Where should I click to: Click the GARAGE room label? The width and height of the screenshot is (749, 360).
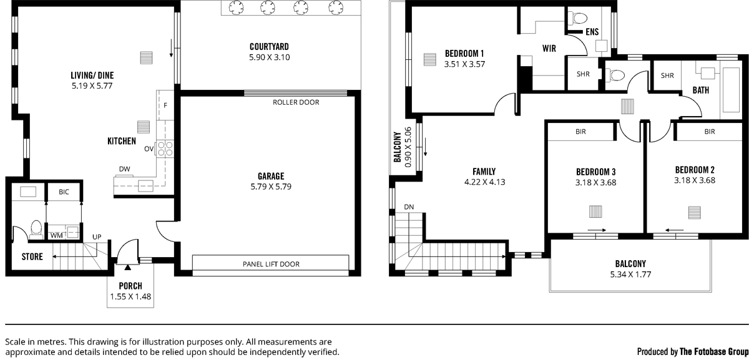(x=271, y=176)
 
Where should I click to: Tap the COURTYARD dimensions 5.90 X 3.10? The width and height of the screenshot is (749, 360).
(x=270, y=57)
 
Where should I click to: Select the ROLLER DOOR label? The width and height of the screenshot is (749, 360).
(x=296, y=102)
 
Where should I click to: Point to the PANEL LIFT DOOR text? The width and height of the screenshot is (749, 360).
(x=271, y=264)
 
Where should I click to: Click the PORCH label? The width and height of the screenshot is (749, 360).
(x=130, y=286)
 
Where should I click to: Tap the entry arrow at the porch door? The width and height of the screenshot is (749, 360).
(x=128, y=267)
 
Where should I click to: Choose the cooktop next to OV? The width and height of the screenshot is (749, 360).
(x=165, y=148)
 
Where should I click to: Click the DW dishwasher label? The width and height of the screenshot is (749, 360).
(x=124, y=169)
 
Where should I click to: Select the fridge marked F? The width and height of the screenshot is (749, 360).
(x=165, y=105)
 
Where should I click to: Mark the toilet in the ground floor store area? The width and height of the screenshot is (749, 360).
(x=36, y=230)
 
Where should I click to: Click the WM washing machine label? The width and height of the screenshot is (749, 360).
(x=57, y=236)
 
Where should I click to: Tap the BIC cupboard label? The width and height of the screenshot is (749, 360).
(x=64, y=192)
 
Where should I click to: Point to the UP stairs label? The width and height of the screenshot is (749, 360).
(x=97, y=237)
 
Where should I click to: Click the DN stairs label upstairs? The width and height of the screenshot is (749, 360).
(x=409, y=207)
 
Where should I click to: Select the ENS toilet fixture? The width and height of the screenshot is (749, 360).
(x=578, y=18)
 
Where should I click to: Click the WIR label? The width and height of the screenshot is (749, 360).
(x=549, y=49)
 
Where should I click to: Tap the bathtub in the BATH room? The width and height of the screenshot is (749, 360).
(x=731, y=90)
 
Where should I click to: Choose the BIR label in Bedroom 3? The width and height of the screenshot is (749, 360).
(x=581, y=132)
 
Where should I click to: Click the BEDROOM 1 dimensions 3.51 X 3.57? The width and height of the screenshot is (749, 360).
(x=464, y=64)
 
